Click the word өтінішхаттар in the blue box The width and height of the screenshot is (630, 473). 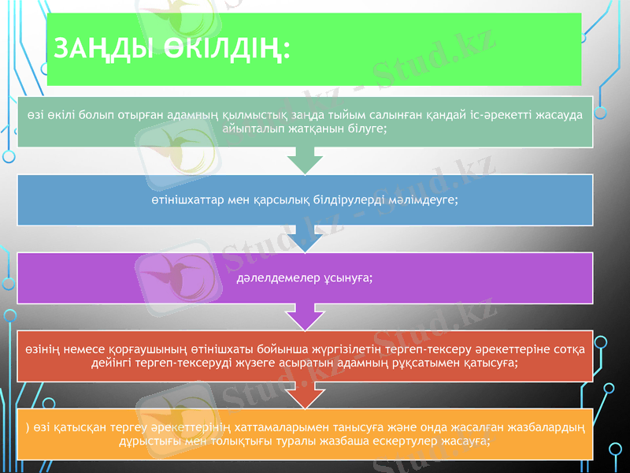click(185, 199)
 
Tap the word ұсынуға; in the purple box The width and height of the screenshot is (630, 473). click(343, 278)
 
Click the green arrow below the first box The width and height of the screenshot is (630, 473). click(306, 162)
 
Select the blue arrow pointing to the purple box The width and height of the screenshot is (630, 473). click(306, 242)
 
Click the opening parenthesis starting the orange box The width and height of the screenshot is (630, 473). click(27, 429)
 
